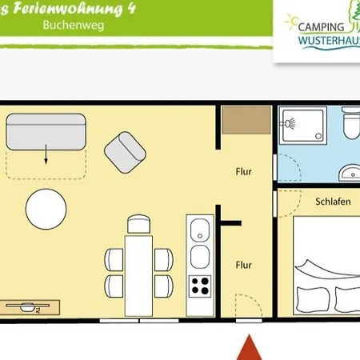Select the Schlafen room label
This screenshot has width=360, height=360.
(333, 202)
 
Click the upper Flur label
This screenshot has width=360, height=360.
(244, 171)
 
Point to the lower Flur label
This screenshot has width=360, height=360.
(244, 265)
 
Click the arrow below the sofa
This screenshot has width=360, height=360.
(46, 155)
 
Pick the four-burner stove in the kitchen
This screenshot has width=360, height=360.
(199, 285)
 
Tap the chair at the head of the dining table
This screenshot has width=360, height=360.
(138, 223)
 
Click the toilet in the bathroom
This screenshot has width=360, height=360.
(350, 125)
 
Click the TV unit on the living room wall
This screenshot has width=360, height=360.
(30, 306)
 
